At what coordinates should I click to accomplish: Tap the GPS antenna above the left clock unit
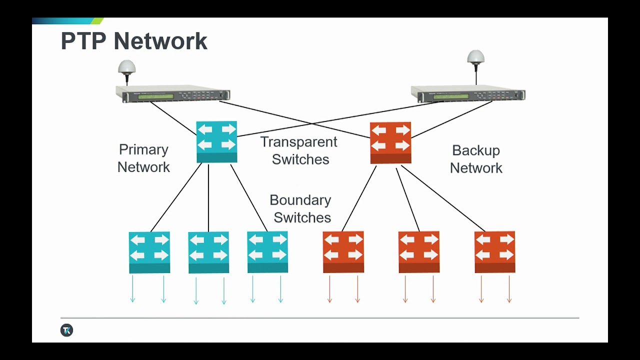127,67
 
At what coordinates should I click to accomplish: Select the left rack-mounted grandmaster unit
172,94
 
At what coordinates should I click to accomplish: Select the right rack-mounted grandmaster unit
467,94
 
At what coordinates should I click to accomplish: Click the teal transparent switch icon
216,142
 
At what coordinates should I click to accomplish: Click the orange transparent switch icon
390,143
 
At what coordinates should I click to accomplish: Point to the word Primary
143,149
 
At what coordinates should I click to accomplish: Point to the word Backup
475,150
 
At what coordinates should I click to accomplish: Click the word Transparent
298,142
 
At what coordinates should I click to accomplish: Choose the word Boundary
300,200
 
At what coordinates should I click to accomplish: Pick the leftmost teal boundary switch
149,252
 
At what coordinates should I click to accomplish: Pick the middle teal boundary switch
208,252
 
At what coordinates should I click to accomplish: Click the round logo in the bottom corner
66,330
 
